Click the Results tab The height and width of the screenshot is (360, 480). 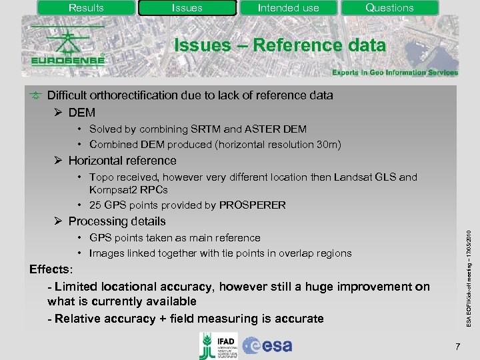tap(86, 8)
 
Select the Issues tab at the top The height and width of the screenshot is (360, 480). tap(187, 8)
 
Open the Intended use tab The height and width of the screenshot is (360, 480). tap(288, 8)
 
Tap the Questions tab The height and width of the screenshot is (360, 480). tap(389, 8)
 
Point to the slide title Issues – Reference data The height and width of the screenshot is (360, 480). tap(279, 45)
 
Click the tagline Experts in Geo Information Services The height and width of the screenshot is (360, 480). tap(395, 73)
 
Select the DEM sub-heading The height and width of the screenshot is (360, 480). tap(82, 113)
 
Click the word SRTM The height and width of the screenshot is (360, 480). tap(214, 129)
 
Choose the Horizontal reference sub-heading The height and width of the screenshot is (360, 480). tap(122, 161)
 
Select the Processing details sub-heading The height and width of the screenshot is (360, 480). tap(117, 221)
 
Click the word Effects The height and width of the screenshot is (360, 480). tap(52, 269)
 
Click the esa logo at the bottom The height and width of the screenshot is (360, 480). tap(267, 345)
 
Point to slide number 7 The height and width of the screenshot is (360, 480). tap(457, 347)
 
